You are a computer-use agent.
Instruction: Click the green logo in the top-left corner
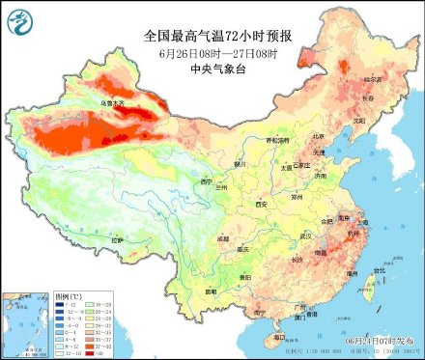pos(19,18)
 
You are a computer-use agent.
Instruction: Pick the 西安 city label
pos(260,205)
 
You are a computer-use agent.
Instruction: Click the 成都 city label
pos(224,237)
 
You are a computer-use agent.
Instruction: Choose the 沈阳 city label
pos(360,121)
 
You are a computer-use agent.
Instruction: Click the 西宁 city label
pos(205,181)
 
